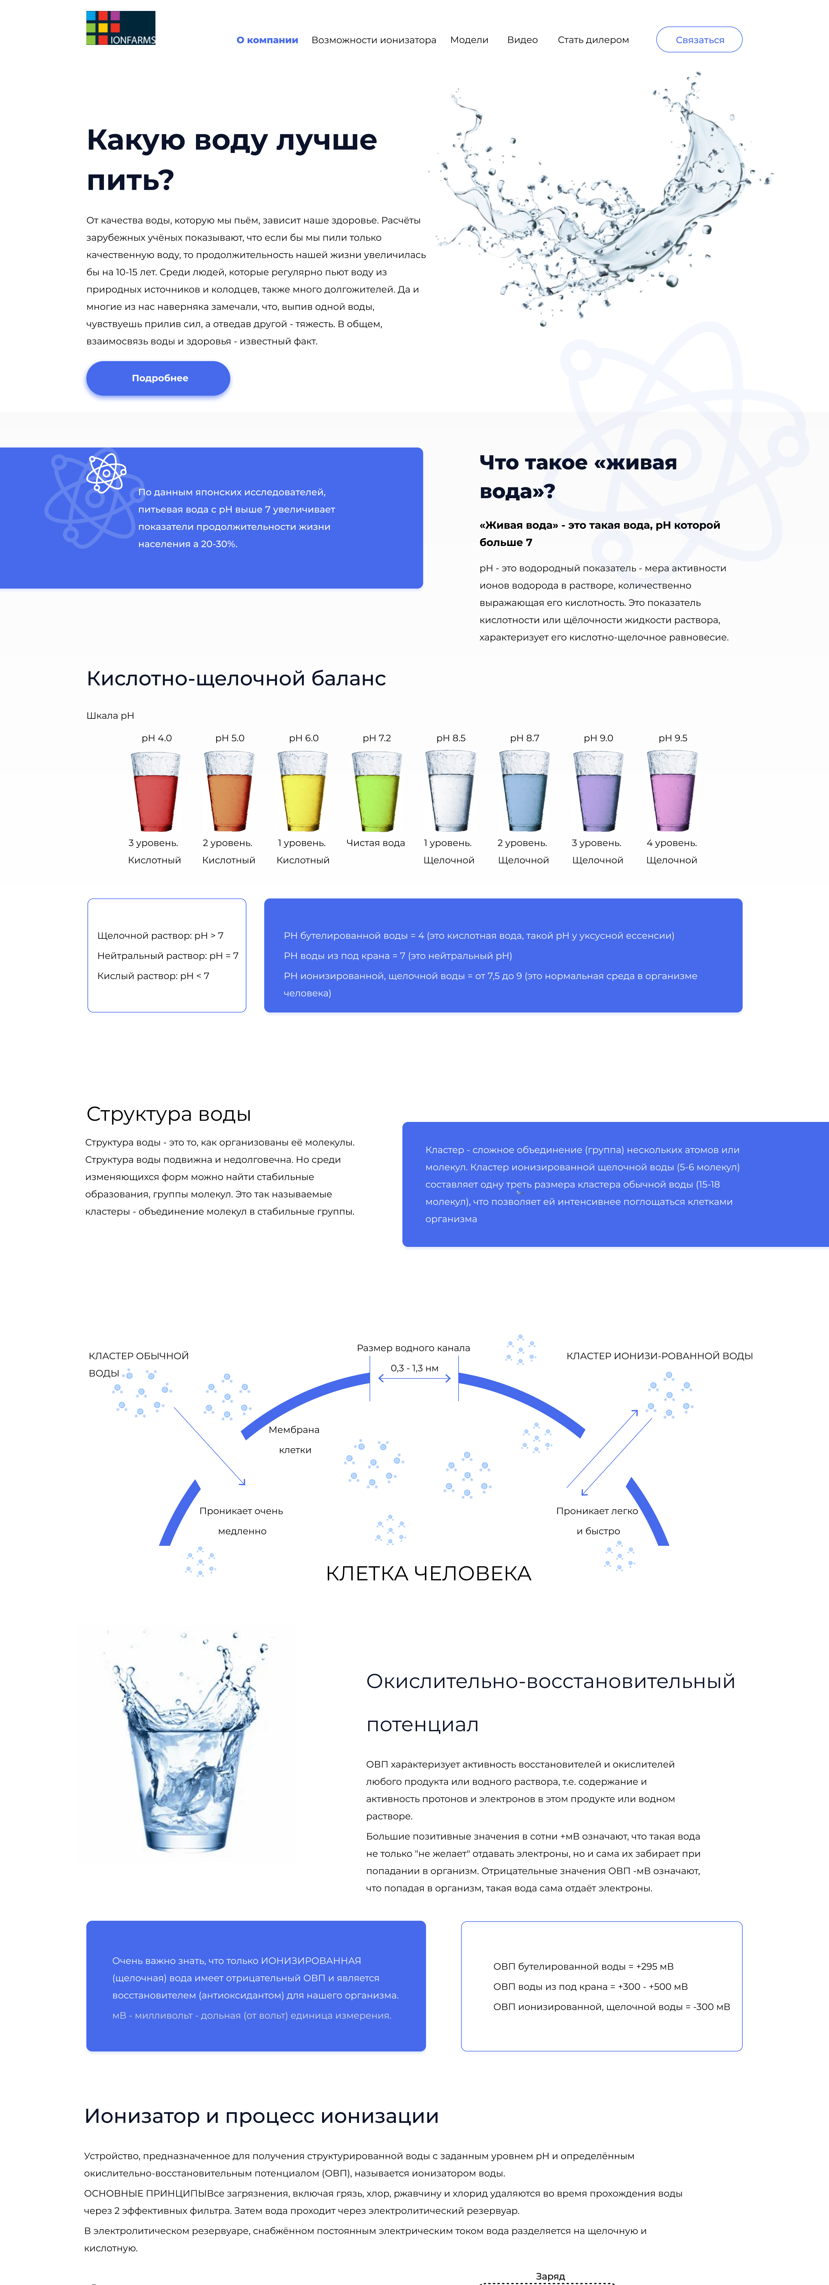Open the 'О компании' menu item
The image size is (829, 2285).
267,40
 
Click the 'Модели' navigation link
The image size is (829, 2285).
469,40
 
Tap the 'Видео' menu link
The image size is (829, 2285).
522,40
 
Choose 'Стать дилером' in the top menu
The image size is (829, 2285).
593,40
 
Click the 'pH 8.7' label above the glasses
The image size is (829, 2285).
524,738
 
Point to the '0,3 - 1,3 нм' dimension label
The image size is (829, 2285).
414,1368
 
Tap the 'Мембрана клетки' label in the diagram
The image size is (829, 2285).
294,1440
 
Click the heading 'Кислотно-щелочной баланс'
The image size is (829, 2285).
236,678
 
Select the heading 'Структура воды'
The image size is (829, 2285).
168,1114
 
